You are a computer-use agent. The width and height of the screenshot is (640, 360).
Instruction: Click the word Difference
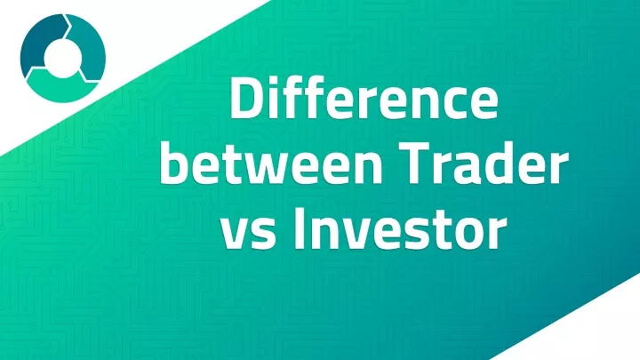pyautogui.click(x=364, y=97)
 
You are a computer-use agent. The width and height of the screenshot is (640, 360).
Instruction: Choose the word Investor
pyautogui.click(x=400, y=228)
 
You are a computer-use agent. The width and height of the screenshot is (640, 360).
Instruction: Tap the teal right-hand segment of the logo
pyautogui.click(x=88, y=48)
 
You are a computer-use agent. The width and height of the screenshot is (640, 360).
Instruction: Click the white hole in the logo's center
pyautogui.click(x=63, y=59)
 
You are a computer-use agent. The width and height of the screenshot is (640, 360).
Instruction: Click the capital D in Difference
pyautogui.click(x=248, y=98)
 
